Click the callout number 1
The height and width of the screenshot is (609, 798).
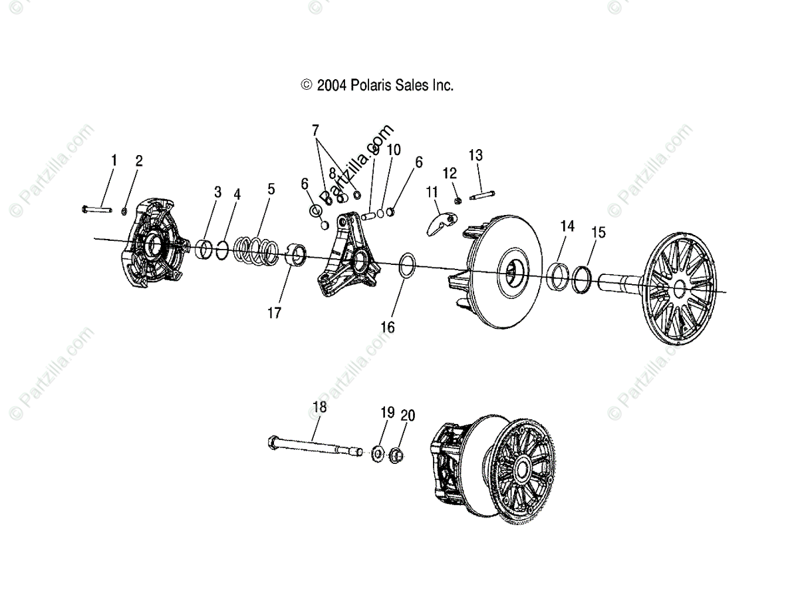coord(114,160)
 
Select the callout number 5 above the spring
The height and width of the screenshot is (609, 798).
coord(271,189)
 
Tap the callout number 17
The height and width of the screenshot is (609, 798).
coord(275,312)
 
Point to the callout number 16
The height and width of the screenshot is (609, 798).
coord(388,327)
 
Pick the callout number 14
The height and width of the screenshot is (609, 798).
coord(567,226)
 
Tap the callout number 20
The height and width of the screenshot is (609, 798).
coord(408,415)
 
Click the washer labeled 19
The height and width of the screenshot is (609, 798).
coord(376,454)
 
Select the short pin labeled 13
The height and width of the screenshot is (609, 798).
coord(481,196)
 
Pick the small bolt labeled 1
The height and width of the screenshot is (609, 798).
coord(96,209)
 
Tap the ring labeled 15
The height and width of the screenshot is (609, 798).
coord(582,276)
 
